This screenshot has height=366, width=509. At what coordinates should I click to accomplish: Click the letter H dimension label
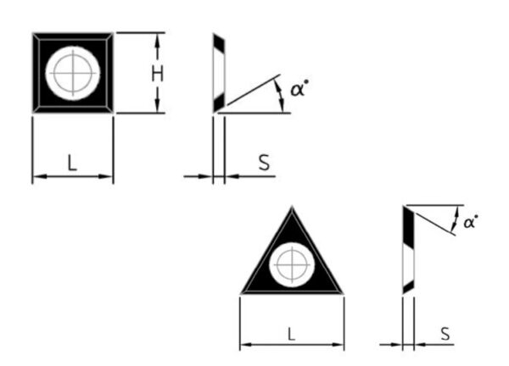(157, 73)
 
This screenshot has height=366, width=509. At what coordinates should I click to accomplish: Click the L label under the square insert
(72, 164)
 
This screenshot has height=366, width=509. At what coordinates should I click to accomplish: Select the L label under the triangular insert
(291, 333)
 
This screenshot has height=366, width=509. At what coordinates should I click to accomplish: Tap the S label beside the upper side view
(264, 163)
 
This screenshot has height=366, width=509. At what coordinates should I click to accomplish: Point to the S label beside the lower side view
(445, 333)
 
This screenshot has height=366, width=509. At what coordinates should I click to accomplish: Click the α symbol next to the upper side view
(298, 87)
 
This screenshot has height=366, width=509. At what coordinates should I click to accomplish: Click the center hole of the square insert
(73, 72)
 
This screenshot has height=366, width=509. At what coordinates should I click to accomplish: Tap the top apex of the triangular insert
(292, 206)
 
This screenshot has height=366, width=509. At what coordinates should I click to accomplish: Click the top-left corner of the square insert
(33, 33)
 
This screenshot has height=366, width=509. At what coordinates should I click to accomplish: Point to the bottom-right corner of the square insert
(113, 113)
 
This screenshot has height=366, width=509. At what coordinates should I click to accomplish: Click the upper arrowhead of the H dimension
(158, 36)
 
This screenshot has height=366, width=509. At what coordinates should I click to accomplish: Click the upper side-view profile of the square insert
(218, 73)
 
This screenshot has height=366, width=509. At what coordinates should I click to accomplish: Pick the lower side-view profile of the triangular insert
(408, 250)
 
